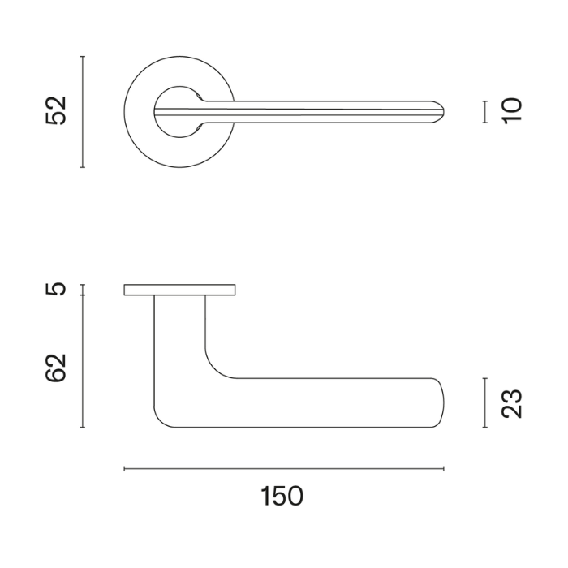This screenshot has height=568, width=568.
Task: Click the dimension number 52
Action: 56,111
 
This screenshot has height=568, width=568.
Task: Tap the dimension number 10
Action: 512,111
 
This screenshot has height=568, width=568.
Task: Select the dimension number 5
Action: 56,289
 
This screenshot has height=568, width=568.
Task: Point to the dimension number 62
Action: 56,368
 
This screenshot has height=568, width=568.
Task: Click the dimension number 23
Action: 511,403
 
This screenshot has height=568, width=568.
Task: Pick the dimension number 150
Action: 282,496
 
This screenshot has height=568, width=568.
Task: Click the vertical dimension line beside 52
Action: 83,112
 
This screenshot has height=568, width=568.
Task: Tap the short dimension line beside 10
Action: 484,112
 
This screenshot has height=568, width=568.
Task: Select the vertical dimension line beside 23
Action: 484,402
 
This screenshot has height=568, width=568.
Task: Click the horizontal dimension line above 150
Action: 284,469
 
